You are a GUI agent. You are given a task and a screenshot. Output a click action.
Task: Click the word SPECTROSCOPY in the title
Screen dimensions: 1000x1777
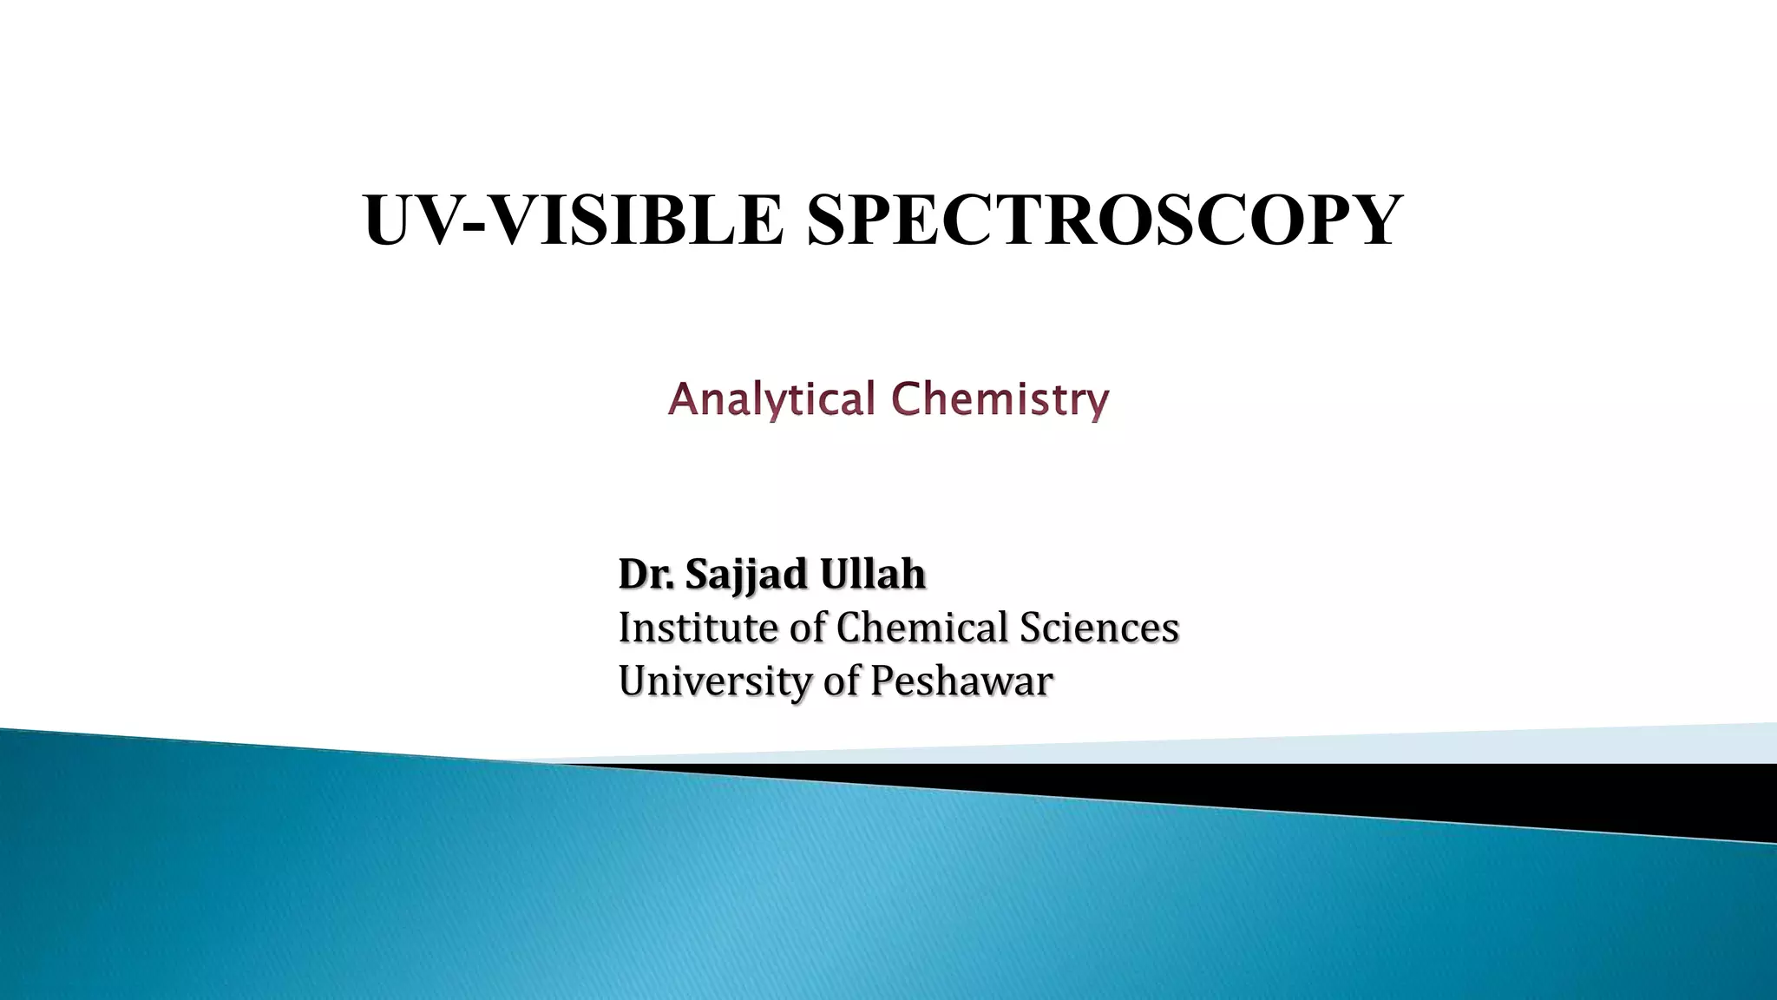point(1104,220)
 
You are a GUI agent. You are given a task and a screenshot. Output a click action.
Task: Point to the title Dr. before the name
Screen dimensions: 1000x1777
point(646,574)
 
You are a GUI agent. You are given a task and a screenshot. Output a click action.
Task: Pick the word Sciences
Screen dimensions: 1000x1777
point(1098,628)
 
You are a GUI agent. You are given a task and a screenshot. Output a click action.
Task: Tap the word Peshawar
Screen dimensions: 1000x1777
point(961,681)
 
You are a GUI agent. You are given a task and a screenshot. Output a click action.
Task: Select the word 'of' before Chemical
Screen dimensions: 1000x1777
point(807,628)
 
